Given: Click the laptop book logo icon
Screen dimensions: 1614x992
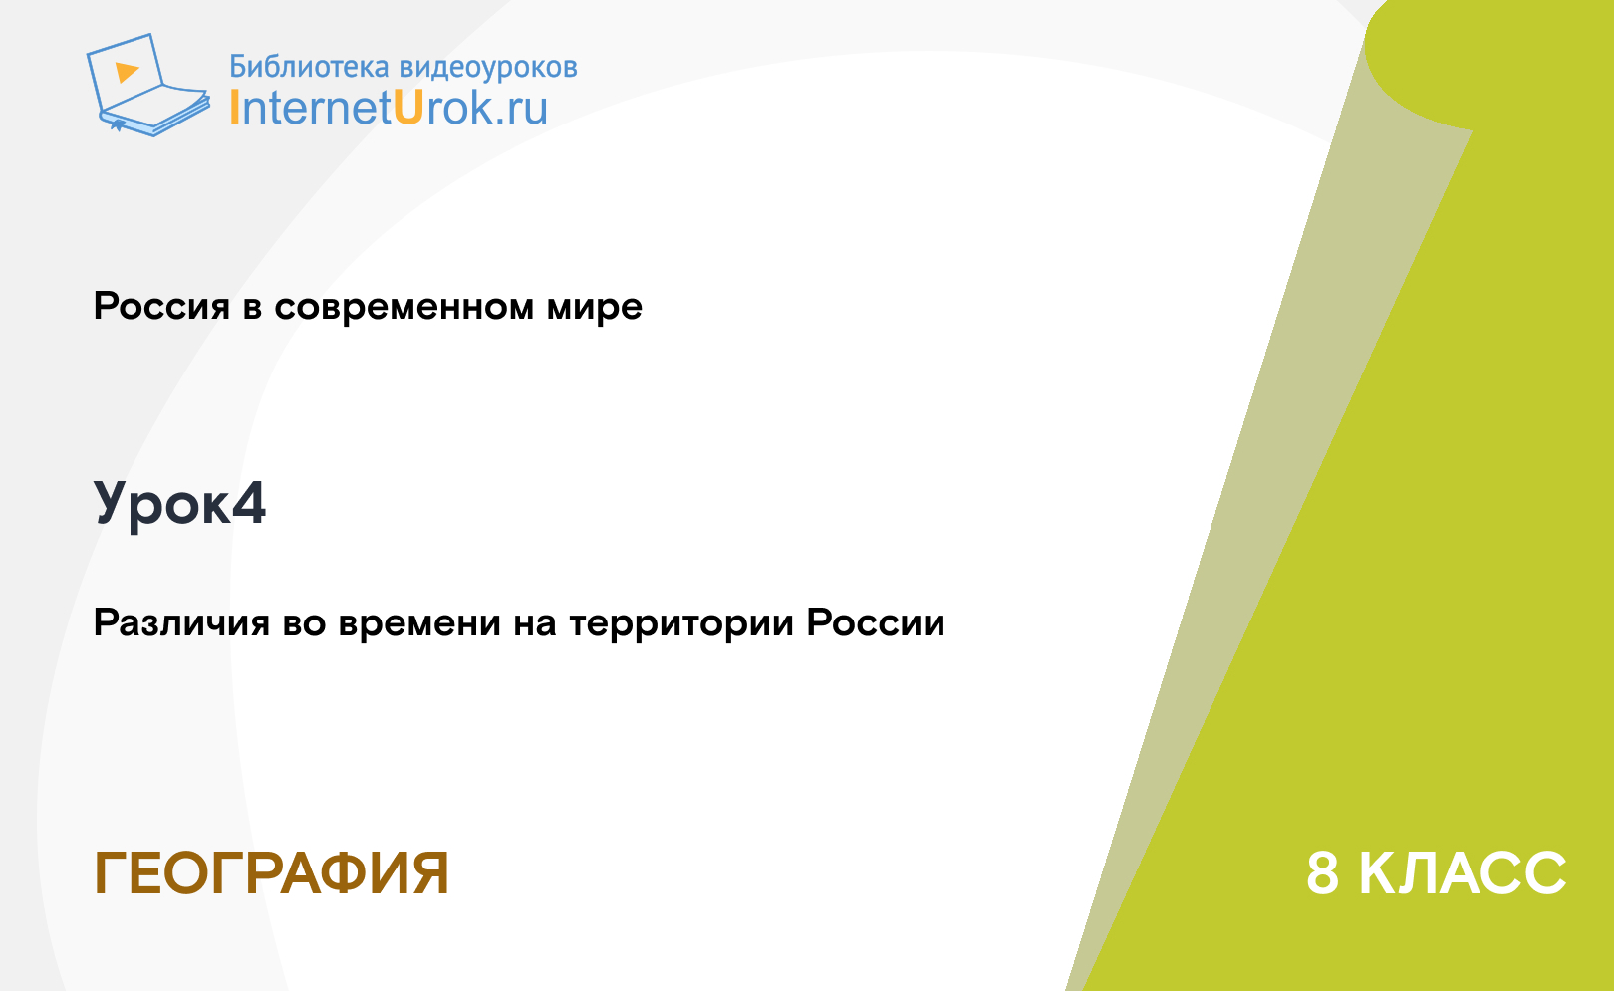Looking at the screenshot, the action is click(148, 85).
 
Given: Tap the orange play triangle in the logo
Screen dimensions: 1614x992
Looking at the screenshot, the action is click(127, 72).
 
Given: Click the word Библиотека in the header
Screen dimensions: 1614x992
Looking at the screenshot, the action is click(309, 67).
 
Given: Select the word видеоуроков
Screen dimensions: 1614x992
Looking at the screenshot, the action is click(488, 68).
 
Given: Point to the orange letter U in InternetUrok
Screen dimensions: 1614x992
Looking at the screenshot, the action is click(407, 108).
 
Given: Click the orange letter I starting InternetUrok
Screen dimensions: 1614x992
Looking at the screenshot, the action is click(234, 108).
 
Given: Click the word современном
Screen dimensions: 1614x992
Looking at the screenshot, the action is click(404, 307).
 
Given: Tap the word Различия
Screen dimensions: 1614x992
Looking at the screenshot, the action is click(181, 623).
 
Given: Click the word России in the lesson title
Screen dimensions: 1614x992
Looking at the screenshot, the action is click(876, 623).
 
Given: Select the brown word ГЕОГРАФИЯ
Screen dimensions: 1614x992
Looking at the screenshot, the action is click(272, 873).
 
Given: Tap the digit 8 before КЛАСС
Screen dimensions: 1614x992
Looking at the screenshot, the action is click(1323, 873).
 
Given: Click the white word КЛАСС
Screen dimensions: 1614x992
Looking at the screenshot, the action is click(1463, 873).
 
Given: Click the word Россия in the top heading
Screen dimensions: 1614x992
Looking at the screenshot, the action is click(161, 307).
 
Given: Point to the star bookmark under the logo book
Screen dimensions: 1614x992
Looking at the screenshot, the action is click(118, 125).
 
